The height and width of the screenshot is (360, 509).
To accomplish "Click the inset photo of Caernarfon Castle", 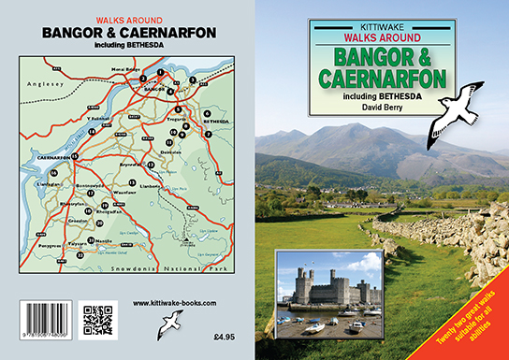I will [329, 292].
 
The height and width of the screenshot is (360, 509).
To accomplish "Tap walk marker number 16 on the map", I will [54, 174].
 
